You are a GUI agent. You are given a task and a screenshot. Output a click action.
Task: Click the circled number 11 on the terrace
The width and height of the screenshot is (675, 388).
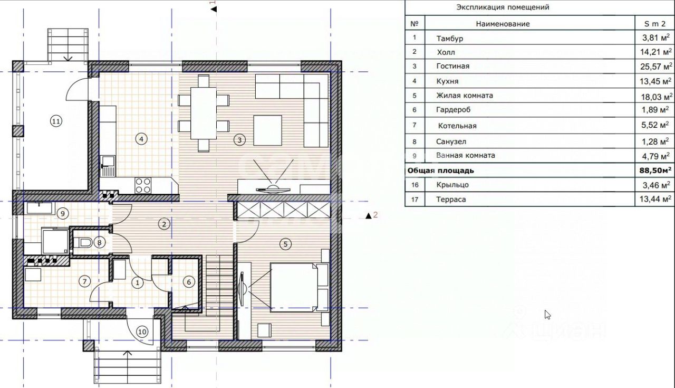tap(56, 121)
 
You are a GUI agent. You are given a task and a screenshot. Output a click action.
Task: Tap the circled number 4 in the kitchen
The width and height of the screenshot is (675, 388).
tap(141, 139)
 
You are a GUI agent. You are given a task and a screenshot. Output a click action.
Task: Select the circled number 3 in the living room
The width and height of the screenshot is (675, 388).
tap(239, 140)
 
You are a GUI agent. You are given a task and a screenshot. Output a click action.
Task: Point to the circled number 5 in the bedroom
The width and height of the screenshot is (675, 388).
tap(285, 244)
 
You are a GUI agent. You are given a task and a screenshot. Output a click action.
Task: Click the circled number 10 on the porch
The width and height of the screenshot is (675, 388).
tap(142, 332)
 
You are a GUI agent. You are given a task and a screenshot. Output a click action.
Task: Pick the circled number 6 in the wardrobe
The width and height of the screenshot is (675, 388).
tap(189, 282)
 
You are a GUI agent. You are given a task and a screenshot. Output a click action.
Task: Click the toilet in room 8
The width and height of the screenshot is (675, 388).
tap(83, 242)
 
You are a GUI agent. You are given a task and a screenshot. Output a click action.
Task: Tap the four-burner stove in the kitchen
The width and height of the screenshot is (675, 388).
tap(143, 185)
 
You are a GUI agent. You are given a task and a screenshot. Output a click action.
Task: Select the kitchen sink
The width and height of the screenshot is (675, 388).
tap(108, 166)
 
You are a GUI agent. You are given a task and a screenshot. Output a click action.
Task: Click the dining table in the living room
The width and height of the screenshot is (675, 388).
tap(204, 113)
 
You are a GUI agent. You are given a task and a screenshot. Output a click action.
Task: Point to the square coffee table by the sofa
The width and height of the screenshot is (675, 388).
tap(267, 130)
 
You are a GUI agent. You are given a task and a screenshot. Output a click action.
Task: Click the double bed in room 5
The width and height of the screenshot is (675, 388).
tap(294, 287)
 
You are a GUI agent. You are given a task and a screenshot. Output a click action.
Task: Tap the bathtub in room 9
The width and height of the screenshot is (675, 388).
tap(41, 209)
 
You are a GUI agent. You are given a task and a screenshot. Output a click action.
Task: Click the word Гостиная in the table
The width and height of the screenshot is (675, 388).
tap(452, 66)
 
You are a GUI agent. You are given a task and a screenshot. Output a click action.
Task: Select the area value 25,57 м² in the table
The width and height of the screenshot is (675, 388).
tap(656, 67)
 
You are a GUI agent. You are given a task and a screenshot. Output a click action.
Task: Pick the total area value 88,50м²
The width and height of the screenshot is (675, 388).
tap(655, 171)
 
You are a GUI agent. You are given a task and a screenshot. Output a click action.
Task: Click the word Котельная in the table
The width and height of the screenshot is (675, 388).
tap(457, 126)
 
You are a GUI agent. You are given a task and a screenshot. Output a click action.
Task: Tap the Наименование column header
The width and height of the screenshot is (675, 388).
tap(503, 24)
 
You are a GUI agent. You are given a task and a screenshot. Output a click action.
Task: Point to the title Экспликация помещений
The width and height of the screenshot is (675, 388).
tap(503, 7)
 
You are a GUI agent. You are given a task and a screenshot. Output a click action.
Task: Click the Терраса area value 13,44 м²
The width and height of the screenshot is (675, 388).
tap(655, 199)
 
